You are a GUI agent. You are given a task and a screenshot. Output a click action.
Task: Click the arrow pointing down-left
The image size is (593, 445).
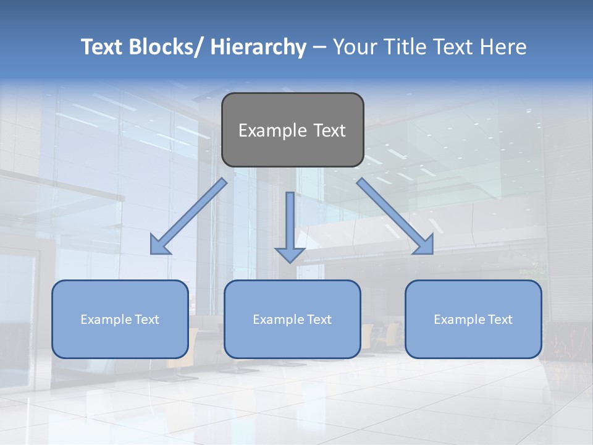(x=188, y=216)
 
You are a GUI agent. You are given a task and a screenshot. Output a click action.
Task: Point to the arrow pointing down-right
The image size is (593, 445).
(x=395, y=216)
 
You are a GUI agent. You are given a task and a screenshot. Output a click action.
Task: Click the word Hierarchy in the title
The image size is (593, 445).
(x=258, y=47)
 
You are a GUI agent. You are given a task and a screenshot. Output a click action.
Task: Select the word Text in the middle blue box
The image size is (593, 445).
(x=318, y=320)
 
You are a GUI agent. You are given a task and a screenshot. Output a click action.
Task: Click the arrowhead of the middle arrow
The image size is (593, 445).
(x=290, y=255)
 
